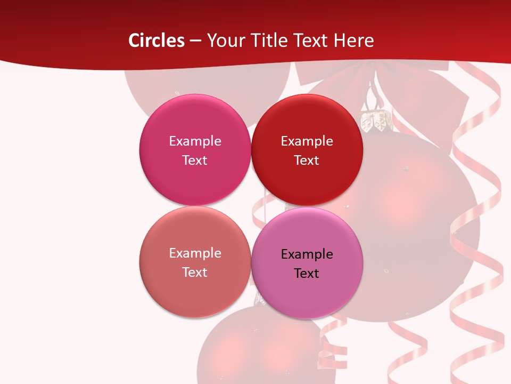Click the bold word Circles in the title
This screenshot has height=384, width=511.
pos(156,41)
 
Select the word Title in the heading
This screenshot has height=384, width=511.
pos(268,41)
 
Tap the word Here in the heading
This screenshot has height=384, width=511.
pos(353,41)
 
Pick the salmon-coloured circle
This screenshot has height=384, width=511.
pos(195,288)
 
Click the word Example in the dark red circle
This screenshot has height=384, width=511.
pos(307,141)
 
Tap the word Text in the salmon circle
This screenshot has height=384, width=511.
pos(195,272)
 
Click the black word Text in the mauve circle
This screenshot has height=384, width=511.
pos(307,273)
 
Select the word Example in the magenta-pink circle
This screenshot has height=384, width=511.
pos(195,141)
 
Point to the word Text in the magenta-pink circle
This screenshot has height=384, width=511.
pos(195,160)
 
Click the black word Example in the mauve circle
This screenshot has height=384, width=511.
pos(307,254)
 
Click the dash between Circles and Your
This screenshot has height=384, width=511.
pos(195,41)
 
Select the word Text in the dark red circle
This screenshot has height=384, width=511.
pos(307,160)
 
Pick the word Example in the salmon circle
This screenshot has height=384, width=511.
pos(195,253)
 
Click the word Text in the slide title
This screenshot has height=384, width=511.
pos(311,41)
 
